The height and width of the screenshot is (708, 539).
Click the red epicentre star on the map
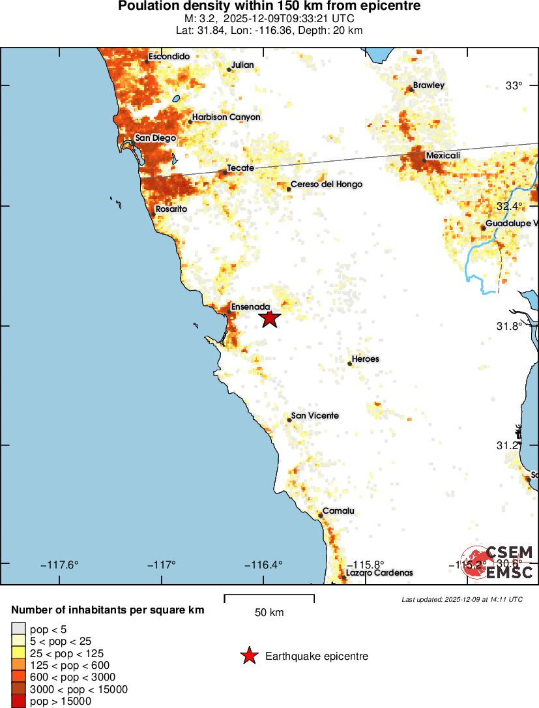(x=269, y=318)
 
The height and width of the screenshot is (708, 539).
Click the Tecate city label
(x=240, y=168)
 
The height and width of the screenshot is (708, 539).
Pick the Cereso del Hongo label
(x=326, y=184)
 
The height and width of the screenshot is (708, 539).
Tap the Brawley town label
(x=428, y=85)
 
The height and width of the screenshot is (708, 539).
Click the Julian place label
(x=242, y=65)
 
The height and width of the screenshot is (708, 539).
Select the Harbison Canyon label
(x=226, y=117)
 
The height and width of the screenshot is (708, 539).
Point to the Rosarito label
(x=171, y=209)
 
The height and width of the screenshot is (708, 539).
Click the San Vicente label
(x=315, y=415)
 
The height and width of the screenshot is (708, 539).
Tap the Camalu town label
(x=338, y=511)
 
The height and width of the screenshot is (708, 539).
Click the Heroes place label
(x=365, y=359)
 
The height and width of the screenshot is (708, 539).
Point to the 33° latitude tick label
(x=515, y=86)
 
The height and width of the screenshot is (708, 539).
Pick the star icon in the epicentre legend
(x=249, y=656)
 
